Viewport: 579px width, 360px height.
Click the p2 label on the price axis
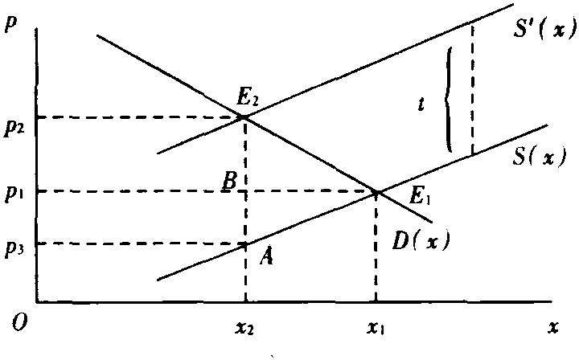(13, 128)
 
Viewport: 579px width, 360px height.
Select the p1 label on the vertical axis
(14, 194)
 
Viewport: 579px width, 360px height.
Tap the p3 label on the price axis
(14, 250)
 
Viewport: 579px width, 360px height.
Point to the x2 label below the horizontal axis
(244, 328)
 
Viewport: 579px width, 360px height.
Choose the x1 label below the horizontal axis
(376, 328)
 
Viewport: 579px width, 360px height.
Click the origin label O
(18, 323)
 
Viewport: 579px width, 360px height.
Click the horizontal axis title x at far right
(552, 327)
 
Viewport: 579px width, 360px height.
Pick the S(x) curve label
(538, 157)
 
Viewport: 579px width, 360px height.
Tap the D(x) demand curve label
(421, 241)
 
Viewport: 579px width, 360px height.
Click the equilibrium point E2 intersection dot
(244, 117)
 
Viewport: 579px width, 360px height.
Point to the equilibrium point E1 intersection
(376, 192)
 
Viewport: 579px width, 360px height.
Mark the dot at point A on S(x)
(244, 244)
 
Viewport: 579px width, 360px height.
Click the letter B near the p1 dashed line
(229, 182)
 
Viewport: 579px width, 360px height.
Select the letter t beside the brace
(421, 104)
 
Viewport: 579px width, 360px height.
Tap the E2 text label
(245, 99)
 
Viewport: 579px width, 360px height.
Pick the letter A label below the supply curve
(266, 256)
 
